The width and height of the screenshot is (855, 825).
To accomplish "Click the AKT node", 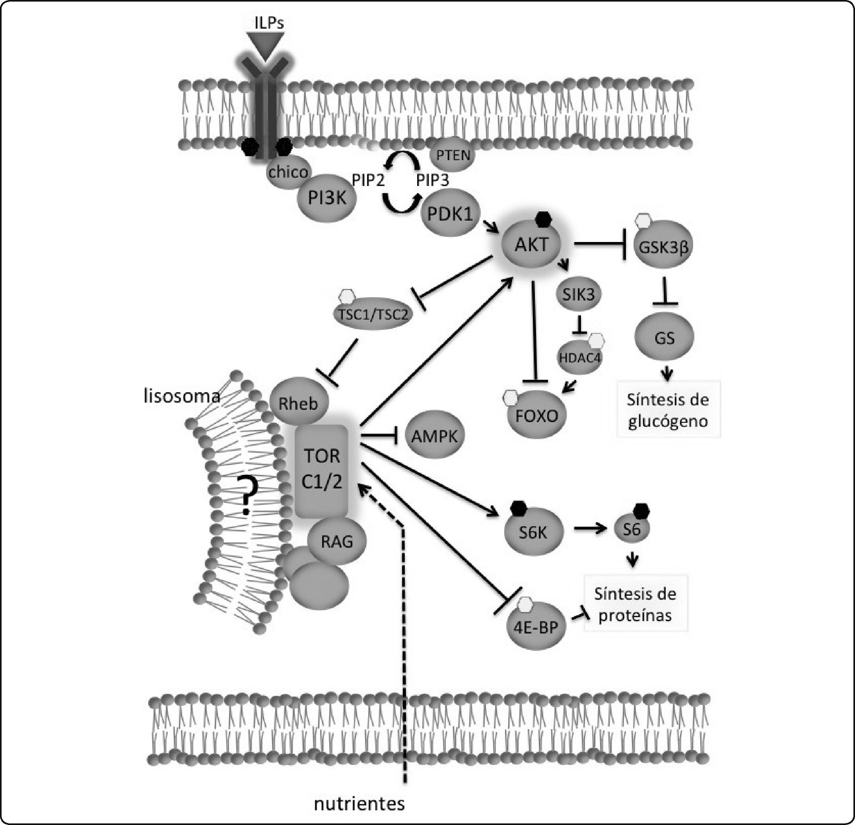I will tap(531, 245).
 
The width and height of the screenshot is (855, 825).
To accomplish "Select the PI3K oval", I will tap(327, 198).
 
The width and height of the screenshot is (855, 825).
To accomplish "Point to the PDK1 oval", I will tap(450, 213).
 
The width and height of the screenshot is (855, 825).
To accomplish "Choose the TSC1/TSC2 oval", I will tap(373, 314).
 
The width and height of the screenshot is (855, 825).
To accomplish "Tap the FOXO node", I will tap(536, 415).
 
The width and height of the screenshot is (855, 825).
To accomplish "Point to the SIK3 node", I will tap(579, 294).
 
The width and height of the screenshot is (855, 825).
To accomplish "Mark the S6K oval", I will tap(533, 532).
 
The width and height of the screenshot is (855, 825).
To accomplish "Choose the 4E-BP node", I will tap(536, 627).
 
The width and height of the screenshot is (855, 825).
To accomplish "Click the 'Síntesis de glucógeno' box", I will tap(668, 410).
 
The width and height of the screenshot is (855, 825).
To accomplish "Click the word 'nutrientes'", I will tap(359, 804).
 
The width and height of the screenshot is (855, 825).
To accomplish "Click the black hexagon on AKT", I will tap(543, 219).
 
